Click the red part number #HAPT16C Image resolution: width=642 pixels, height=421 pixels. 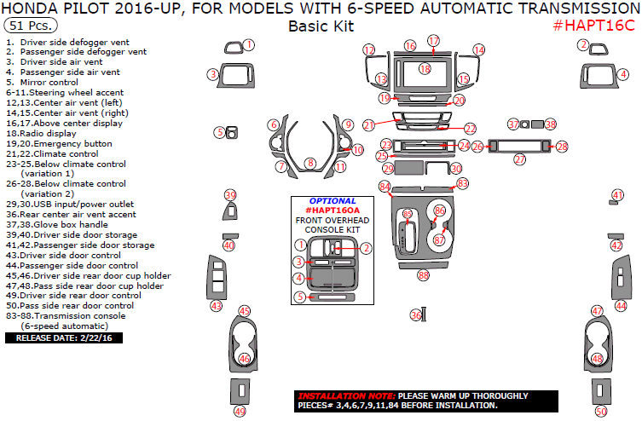pos(593,25)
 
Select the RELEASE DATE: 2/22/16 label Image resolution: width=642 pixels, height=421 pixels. pos(53,337)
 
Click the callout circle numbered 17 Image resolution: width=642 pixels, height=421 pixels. pos(433,41)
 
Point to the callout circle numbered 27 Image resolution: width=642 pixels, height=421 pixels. pos(519,159)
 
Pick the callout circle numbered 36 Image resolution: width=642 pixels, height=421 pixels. pos(415,314)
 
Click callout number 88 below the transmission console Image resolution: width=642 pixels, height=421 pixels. pos(423,274)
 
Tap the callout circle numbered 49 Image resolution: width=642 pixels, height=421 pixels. pos(240,412)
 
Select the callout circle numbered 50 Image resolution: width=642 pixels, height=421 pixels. pos(601,412)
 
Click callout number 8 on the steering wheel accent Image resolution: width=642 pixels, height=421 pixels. pos(311,163)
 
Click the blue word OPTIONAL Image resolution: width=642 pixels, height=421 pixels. pos(332,201)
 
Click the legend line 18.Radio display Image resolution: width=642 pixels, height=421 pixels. pos(41,133)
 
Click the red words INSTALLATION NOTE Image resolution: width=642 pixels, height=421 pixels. pos(346,396)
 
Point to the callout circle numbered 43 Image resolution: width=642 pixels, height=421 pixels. pos(216,306)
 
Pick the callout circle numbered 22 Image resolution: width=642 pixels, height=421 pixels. pos(471,128)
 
